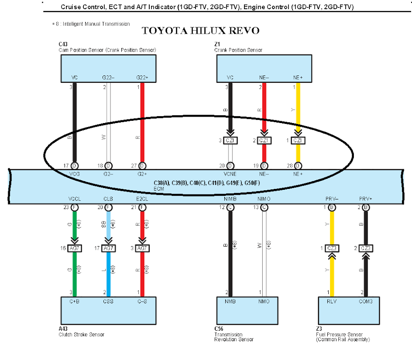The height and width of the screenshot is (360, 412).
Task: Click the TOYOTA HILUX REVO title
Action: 201,31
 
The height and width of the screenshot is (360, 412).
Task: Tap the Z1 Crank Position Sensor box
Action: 265,69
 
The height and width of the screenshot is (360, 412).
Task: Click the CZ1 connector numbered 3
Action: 230,140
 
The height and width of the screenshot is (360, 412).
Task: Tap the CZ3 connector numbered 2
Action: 365,248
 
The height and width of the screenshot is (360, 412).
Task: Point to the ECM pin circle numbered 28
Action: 298,165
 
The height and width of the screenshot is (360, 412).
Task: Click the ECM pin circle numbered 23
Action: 74,207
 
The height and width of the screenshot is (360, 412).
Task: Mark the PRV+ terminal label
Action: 365,199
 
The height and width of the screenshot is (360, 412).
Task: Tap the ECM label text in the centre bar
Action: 158,188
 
